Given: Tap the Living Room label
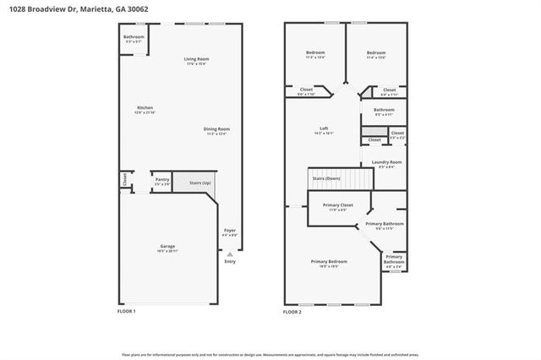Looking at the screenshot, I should [x=196, y=59].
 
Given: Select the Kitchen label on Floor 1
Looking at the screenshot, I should [x=145, y=108].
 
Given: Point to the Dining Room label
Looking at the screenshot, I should [x=216, y=129].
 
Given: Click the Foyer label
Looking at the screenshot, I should [x=229, y=230].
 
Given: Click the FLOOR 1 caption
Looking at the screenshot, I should [x=126, y=312].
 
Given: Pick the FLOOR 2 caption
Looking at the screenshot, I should [x=292, y=312].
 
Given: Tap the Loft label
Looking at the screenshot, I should [x=324, y=128].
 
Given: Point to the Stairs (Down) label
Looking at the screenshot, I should [x=326, y=179].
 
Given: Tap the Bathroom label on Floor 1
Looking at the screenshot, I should [x=134, y=37].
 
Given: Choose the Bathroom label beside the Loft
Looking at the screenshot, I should [x=385, y=110].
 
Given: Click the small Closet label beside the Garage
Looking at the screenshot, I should [x=124, y=179].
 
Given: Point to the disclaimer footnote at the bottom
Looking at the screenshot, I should [x=270, y=356].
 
